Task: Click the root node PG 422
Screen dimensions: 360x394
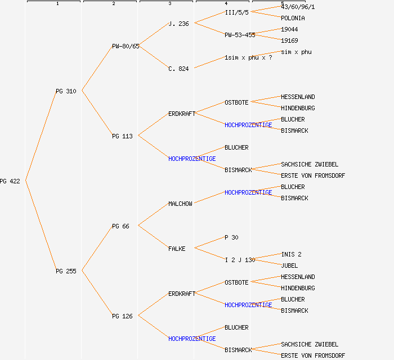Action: (x=10, y=181)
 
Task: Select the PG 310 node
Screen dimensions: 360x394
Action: (x=66, y=91)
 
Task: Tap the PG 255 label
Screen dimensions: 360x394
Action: (x=66, y=271)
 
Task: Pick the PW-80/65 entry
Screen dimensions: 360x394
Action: (x=126, y=46)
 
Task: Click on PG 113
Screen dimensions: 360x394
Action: (x=122, y=136)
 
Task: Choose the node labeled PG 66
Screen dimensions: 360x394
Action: (x=120, y=226)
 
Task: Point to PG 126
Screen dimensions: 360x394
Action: (x=122, y=316)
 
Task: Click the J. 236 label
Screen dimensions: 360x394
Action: (x=178, y=24)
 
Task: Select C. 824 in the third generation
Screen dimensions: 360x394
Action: (x=178, y=69)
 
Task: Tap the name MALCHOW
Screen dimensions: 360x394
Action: (x=180, y=204)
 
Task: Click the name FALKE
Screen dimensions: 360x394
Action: (x=177, y=249)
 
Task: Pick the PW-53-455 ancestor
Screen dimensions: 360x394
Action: (x=240, y=35)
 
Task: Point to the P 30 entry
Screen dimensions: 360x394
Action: (x=231, y=237)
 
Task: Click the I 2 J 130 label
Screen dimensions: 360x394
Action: (x=240, y=260)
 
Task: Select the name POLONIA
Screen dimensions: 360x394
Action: (x=293, y=18)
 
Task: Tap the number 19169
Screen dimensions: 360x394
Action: (x=289, y=40)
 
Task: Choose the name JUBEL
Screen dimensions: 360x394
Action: (x=289, y=265)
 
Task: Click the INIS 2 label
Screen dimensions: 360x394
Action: (x=291, y=254)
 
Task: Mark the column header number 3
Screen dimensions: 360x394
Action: (x=169, y=4)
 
